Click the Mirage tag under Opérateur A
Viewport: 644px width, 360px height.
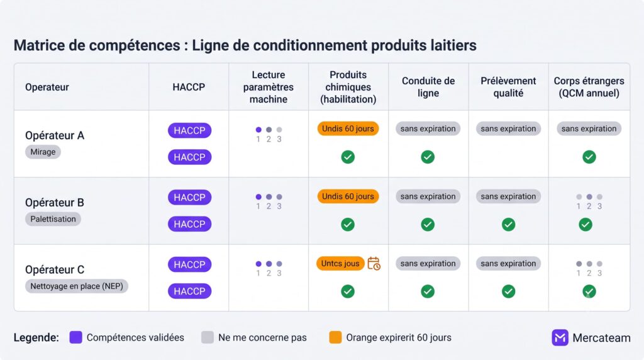pos(43,152)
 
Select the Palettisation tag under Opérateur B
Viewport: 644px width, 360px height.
pos(53,219)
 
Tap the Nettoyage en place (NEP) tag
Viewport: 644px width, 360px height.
pos(76,286)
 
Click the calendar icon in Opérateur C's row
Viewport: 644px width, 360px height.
pos(374,264)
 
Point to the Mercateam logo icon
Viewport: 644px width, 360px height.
pos(560,338)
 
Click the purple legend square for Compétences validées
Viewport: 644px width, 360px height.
pos(75,337)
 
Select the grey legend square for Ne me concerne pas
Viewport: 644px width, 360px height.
pos(208,337)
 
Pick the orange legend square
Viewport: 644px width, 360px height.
pos(335,337)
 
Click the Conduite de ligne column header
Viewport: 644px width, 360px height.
pos(428,87)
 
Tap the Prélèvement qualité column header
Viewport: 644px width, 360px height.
pos(508,87)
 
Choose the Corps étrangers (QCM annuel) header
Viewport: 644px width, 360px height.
pos(589,87)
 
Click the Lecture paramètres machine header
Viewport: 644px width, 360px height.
pos(268,87)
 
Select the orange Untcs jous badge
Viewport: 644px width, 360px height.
pos(340,264)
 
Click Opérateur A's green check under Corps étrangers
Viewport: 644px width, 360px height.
pos(589,157)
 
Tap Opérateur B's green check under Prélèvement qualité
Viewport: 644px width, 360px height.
pos(508,225)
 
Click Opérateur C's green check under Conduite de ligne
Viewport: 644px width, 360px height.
pos(428,291)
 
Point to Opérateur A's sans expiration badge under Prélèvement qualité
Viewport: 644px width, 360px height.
pos(508,128)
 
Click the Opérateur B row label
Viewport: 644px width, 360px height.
pos(54,203)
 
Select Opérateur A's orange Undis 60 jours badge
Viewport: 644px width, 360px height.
pos(348,128)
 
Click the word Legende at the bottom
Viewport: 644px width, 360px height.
pos(36,338)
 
